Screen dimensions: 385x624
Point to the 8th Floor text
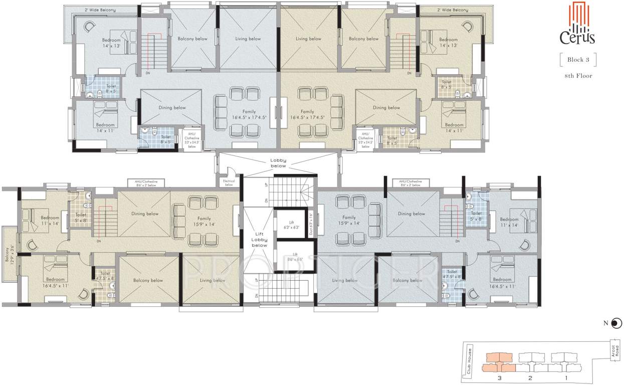point(578,76)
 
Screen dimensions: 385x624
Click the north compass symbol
point(616,323)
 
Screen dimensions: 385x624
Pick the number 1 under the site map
point(566,377)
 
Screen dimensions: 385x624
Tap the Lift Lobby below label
point(259,239)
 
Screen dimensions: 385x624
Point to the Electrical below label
point(229,182)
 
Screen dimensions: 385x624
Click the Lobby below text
point(278,163)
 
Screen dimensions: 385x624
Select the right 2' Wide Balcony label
point(452,10)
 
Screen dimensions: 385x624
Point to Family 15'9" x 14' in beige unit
point(204,221)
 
